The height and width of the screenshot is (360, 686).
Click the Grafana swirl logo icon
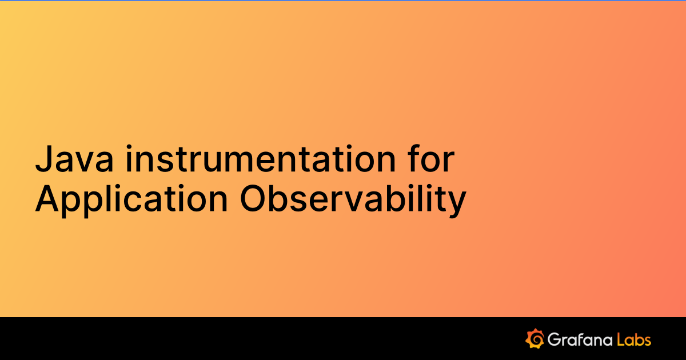pos(535,339)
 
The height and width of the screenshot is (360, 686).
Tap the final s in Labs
pos(647,341)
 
